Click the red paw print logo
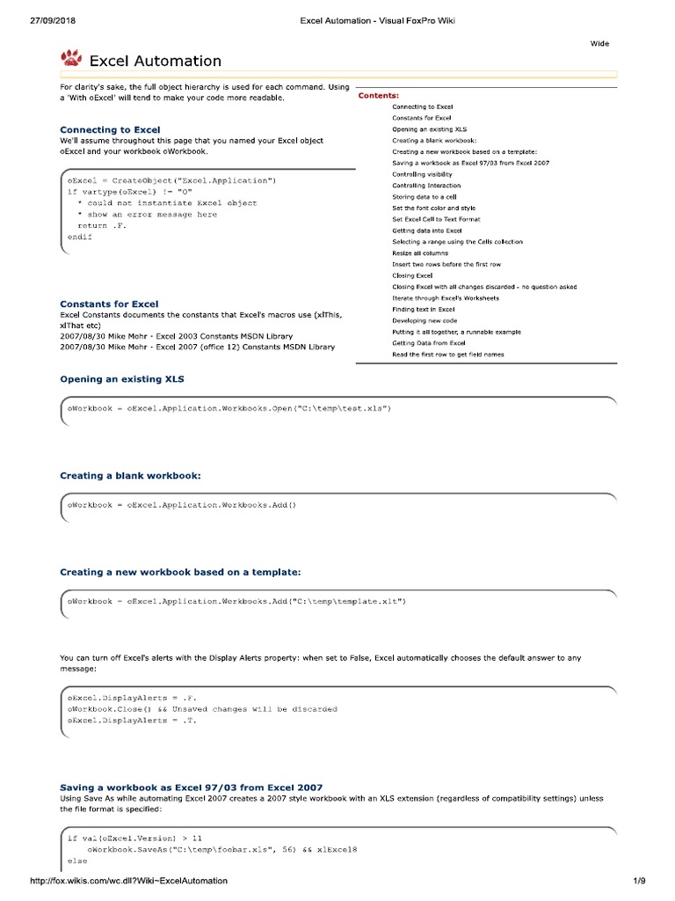tap(71, 58)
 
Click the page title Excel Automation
tap(155, 61)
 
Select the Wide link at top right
tap(599, 43)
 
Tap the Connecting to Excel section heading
tap(110, 129)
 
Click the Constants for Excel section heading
tap(109, 304)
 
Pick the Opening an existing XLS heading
tap(121, 378)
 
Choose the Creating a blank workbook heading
tap(130, 475)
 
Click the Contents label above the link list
tap(379, 95)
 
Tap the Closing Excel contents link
tap(412, 275)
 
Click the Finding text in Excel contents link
tap(424, 310)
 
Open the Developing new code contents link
tap(425, 321)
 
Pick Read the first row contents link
tap(448, 355)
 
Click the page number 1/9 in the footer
tap(639, 881)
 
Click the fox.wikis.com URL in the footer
tap(128, 881)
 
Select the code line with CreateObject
tap(172, 180)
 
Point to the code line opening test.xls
tap(229, 408)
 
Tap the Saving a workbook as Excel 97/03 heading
tap(191, 787)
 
